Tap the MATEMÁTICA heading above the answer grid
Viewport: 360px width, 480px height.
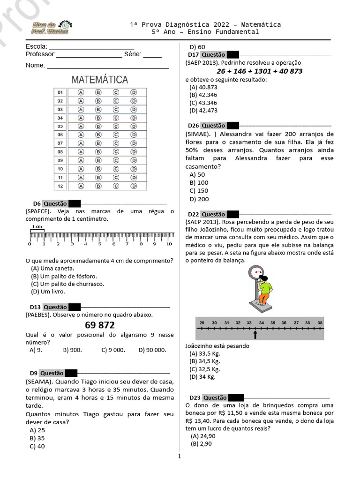(x=100, y=80)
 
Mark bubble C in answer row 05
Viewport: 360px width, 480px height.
(x=115, y=126)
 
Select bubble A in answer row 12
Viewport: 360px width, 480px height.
(x=81, y=186)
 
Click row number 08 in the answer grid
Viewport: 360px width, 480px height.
(x=60, y=152)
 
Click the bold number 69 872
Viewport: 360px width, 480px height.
(x=100, y=325)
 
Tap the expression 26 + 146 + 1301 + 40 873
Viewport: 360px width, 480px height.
(x=259, y=71)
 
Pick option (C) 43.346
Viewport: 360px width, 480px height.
(x=203, y=103)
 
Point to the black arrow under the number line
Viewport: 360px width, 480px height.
(x=255, y=334)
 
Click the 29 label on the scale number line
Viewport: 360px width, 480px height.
(x=202, y=323)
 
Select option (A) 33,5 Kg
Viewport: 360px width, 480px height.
(x=204, y=354)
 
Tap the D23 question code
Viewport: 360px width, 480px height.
(x=194, y=397)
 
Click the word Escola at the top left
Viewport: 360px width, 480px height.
(x=36, y=46)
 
